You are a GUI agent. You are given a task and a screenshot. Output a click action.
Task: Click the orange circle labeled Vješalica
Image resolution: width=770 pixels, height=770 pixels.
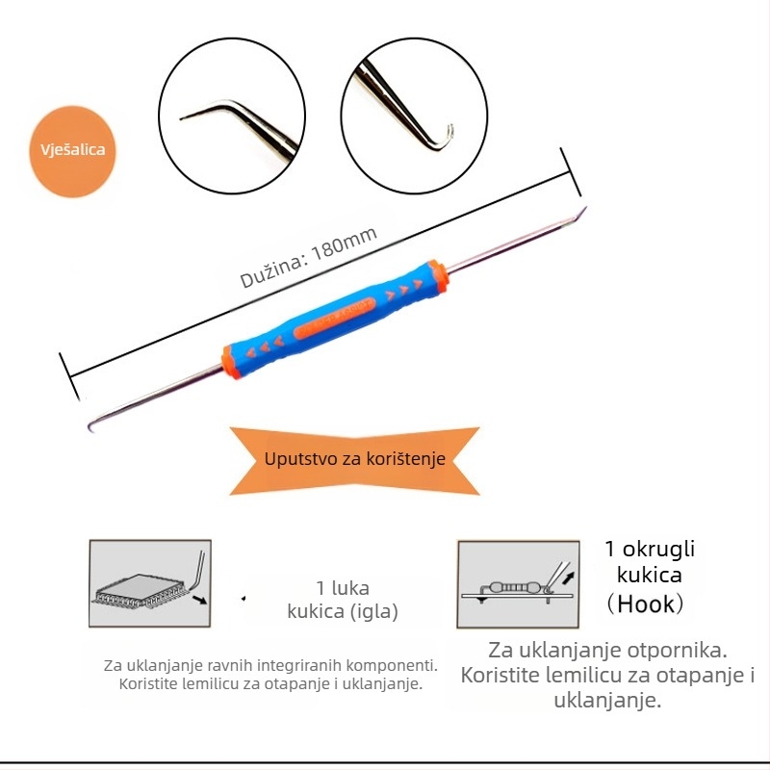coord(73,151)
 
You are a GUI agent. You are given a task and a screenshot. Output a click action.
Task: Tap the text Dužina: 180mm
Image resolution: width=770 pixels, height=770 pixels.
coord(308,257)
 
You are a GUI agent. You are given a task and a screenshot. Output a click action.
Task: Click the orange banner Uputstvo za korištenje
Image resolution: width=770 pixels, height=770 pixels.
coord(354,460)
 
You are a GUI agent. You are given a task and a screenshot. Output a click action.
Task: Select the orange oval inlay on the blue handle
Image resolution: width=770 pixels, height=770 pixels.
coord(334,318)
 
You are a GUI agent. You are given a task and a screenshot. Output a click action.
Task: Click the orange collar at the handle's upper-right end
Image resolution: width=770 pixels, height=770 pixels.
coord(438,277)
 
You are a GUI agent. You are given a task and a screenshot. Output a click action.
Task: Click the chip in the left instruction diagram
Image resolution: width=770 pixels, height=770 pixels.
coord(141,591)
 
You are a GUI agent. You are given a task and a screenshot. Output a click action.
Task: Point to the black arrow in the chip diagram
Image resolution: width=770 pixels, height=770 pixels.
coord(199,600)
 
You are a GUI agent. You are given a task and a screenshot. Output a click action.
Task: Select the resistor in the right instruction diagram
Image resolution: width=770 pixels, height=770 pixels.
coord(515,587)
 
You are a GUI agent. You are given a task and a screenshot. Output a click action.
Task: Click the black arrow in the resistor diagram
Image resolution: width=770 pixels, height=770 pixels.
coord(568,577)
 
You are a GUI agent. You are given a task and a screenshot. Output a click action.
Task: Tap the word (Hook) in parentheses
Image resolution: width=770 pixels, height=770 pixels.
coord(645,604)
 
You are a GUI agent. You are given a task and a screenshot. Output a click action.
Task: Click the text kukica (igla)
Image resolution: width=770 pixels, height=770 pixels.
coord(343,612)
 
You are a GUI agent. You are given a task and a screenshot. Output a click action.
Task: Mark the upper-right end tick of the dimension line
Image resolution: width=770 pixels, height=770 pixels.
coord(571,172)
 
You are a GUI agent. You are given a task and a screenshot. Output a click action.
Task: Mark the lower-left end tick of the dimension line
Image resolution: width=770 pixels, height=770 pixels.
coord(69,376)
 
